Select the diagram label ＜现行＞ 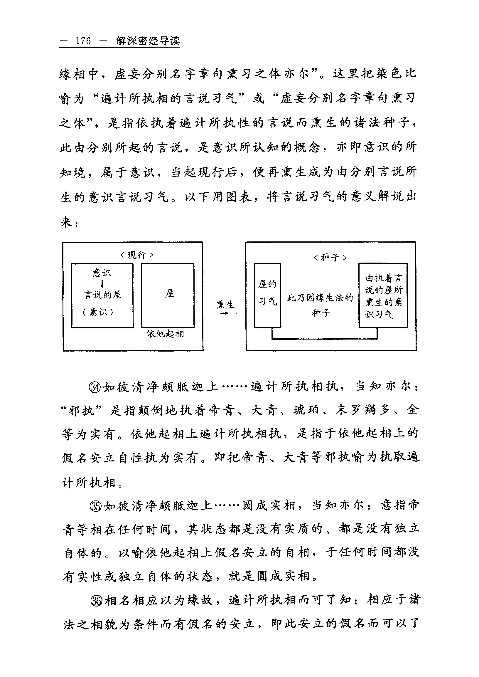coord(137,255)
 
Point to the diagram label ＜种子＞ coord(330,258)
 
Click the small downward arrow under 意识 coord(102,284)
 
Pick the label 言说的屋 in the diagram coord(103,295)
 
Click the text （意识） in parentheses coord(98,312)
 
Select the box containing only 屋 coord(168,295)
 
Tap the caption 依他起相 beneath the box coord(165,334)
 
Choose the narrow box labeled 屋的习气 coord(267,295)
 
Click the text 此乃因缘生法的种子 coord(320,305)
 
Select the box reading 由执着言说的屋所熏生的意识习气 coord(383,295)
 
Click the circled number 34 coord(95,387)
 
